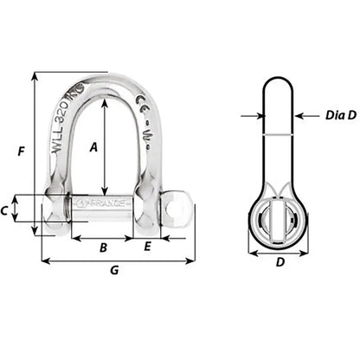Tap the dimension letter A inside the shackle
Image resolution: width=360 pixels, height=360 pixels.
coord(93,146)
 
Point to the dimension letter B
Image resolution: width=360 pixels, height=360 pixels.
coord(103,248)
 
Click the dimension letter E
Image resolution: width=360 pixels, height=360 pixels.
coord(147,247)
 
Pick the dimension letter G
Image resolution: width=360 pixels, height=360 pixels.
coord(114,270)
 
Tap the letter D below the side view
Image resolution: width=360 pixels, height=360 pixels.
coord(279,261)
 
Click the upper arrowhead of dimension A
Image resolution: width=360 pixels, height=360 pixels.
coord(105,101)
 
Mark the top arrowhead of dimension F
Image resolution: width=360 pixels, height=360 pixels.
coord(35,75)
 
